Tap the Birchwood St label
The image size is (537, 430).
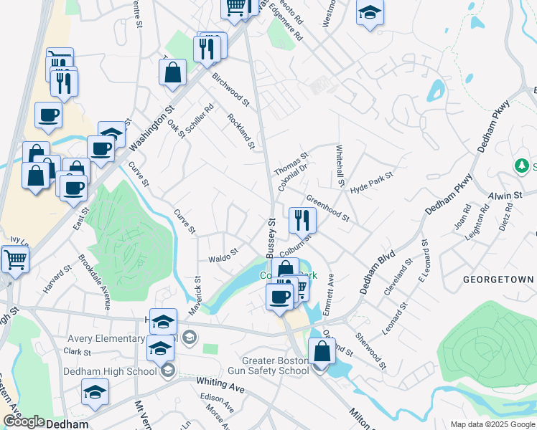coord(230,92)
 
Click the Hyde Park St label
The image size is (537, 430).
coord(372,182)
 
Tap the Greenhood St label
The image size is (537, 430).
coord(327,208)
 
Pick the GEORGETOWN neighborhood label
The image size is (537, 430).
coord(498,279)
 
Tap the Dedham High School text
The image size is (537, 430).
coord(110,371)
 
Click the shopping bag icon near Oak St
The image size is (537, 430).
coord(172,72)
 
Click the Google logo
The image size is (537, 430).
coord(24,421)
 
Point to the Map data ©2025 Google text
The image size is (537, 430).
coord(492,424)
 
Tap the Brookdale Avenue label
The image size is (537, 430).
coord(94,282)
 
